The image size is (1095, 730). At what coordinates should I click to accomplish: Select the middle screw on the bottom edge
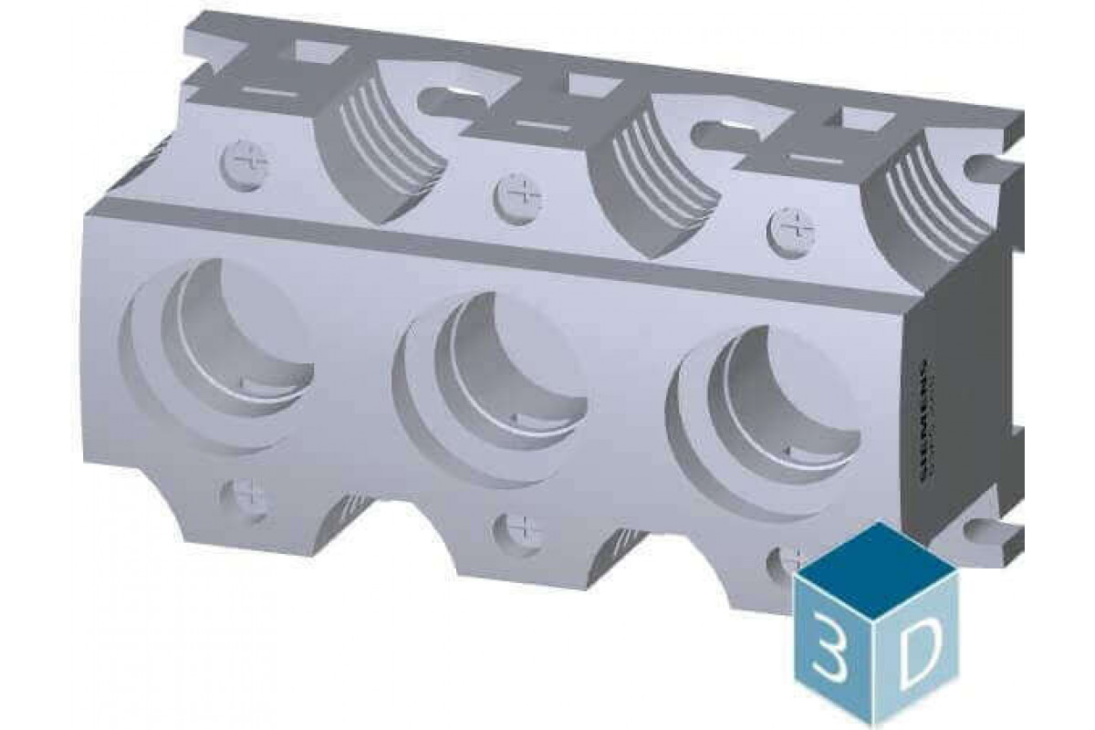[x=516, y=530]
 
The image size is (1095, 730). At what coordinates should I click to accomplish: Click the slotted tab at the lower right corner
[x=990, y=534]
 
